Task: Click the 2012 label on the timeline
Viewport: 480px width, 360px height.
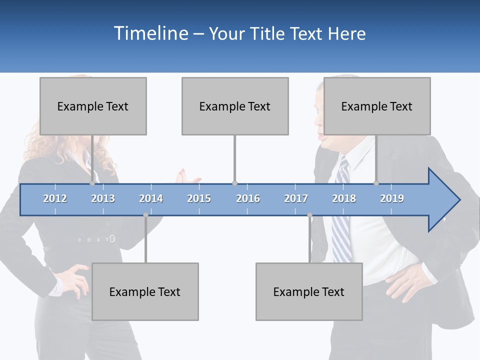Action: [x=55, y=198]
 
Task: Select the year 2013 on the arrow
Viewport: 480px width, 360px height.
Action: [x=103, y=198]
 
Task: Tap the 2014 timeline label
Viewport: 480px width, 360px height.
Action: [x=151, y=198]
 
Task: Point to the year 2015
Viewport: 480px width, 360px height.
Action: [x=199, y=198]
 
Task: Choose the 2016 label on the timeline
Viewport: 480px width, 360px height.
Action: [x=248, y=198]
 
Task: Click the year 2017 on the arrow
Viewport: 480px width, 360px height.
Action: [x=296, y=198]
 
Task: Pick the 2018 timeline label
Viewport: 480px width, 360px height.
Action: [x=344, y=198]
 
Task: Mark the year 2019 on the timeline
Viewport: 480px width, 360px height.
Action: [x=392, y=198]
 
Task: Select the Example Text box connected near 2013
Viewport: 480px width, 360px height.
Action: [x=93, y=106]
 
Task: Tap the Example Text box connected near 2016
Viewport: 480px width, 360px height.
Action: [x=235, y=106]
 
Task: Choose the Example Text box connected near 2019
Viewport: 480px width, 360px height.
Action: [x=377, y=106]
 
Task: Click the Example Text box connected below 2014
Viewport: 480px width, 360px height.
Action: [x=145, y=291]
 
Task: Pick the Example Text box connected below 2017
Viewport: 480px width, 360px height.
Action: [x=309, y=291]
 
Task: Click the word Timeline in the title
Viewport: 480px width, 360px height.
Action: [x=150, y=33]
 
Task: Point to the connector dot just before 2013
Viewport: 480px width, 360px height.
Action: [x=92, y=183]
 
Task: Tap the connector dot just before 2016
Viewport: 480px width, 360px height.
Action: [x=234, y=183]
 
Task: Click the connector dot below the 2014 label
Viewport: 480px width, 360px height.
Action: [x=145, y=215]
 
